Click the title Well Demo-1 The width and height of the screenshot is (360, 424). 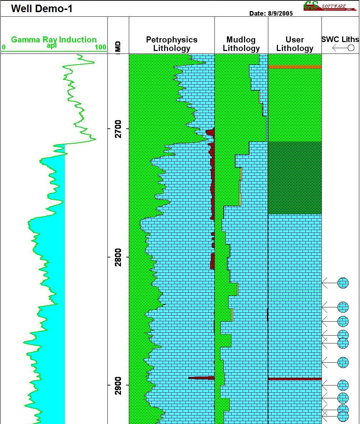(42, 9)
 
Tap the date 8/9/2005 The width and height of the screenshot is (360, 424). (271, 14)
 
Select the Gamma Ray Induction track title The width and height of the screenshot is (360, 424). (54, 40)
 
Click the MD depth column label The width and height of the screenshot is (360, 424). (118, 47)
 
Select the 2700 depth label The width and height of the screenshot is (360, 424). (118, 129)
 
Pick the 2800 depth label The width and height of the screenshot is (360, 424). (118, 257)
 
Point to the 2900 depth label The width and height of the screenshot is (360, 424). (118, 385)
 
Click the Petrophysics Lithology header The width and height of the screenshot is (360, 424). (172, 44)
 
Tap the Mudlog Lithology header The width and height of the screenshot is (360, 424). (241, 44)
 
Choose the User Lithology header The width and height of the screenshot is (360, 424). (295, 44)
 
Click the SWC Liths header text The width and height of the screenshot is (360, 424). (340, 40)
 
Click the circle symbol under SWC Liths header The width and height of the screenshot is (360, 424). (351, 48)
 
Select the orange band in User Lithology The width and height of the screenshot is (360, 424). (295, 67)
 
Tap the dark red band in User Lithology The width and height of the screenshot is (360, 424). (295, 379)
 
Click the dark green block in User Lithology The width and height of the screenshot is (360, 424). (295, 178)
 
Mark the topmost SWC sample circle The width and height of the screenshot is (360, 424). (343, 283)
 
